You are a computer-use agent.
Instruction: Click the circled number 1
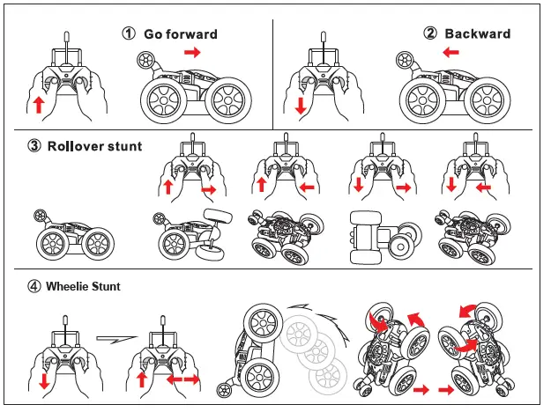tap(129, 34)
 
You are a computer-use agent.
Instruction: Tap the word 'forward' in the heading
tap(193, 34)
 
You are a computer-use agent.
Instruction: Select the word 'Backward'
tap(477, 33)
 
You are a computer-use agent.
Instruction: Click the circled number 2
tap(430, 33)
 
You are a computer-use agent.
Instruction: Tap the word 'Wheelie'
tap(68, 286)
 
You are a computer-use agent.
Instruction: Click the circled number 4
tap(34, 286)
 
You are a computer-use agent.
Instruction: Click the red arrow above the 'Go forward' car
tap(193, 54)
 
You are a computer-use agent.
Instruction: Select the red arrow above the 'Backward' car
tap(450, 54)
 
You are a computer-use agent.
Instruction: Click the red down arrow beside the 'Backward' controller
tap(301, 106)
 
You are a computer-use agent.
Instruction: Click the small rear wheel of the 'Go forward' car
tap(145, 61)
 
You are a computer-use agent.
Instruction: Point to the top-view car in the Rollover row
tap(374, 238)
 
